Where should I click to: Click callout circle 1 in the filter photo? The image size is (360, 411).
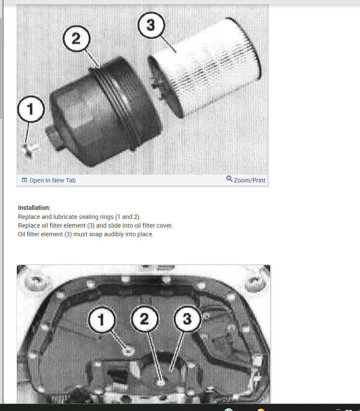tap(31, 109)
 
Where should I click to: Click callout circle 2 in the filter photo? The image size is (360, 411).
tap(76, 38)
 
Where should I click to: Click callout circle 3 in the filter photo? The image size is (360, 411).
tap(151, 25)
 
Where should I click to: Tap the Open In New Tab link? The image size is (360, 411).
tap(53, 180)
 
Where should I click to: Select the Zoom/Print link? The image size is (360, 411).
tap(249, 180)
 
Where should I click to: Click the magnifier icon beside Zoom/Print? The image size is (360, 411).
tap(229, 179)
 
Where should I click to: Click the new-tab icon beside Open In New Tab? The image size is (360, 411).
tap(24, 180)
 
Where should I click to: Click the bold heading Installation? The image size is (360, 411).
tap(34, 208)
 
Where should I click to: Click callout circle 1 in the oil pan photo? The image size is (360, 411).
tap(102, 319)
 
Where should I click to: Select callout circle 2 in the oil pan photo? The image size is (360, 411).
tap(145, 319)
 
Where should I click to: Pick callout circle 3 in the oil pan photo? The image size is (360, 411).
tap(187, 319)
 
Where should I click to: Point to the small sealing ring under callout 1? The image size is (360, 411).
tap(30, 150)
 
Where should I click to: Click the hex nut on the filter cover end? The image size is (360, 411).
tap(54, 137)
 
